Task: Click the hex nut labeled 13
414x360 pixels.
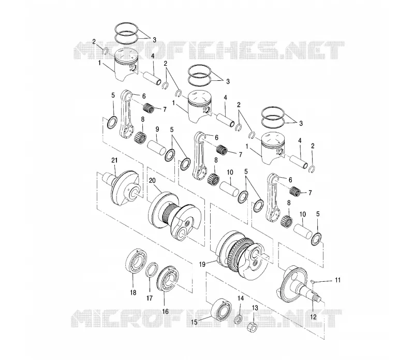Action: pos(252,327)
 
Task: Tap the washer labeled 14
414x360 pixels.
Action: pos(238,319)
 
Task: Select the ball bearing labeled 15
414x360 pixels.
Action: pos(221,309)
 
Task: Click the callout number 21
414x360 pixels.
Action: pos(114,160)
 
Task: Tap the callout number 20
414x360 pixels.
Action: pos(152,181)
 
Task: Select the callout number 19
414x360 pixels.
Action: pos(202,264)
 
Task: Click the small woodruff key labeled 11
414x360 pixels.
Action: pos(312,281)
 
